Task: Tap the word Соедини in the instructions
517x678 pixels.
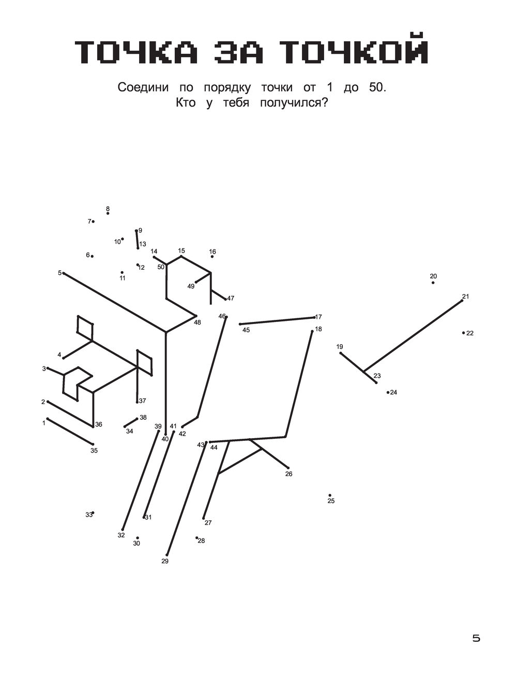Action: (143, 87)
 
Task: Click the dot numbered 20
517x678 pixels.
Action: (433, 283)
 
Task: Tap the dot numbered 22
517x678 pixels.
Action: (463, 333)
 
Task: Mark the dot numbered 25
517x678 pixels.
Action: (330, 495)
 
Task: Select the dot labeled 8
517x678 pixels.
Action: (108, 213)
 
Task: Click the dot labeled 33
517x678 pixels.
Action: (93, 513)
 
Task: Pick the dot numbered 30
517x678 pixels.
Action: (137, 538)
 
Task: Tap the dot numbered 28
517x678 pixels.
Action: (196, 537)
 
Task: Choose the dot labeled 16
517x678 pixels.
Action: (212, 256)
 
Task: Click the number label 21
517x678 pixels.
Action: (465, 296)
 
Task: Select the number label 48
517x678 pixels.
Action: (197, 322)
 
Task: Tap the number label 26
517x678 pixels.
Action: (288, 473)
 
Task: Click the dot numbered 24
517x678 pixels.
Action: (388, 392)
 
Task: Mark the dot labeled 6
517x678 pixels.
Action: (92, 256)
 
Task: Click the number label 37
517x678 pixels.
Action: (142, 400)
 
